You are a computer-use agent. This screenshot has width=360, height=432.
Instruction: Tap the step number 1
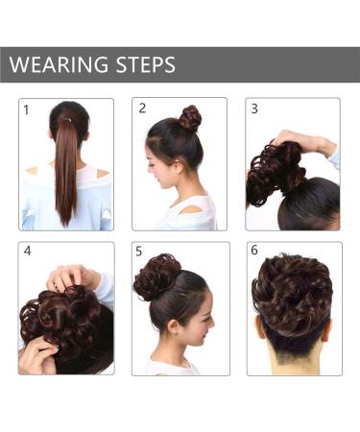27,109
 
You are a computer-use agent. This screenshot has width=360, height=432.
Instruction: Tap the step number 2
141,108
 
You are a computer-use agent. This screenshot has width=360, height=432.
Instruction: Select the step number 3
254,108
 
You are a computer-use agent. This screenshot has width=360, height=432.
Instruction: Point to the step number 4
27,252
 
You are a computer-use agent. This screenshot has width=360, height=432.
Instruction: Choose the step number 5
140,252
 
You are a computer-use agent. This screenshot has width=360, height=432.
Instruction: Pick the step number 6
254,252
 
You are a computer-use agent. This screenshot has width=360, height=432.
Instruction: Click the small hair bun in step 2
190,118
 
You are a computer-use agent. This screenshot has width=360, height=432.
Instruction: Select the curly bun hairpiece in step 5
156,277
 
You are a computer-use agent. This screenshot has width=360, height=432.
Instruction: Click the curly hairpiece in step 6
292,293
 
